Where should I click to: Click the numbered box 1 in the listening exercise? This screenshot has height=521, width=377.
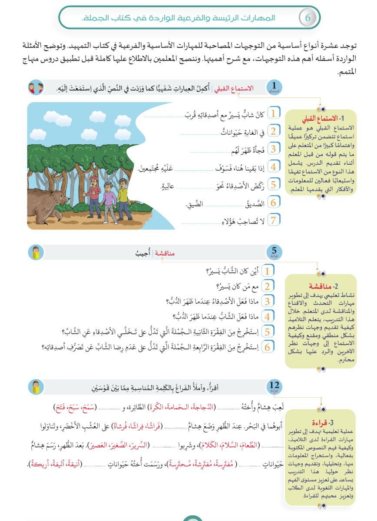(x=273, y=114)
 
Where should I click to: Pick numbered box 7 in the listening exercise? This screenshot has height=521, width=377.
(x=273, y=220)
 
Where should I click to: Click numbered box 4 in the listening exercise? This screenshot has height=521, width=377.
(x=273, y=167)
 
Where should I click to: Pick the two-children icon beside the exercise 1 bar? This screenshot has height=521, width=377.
(x=36, y=88)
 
